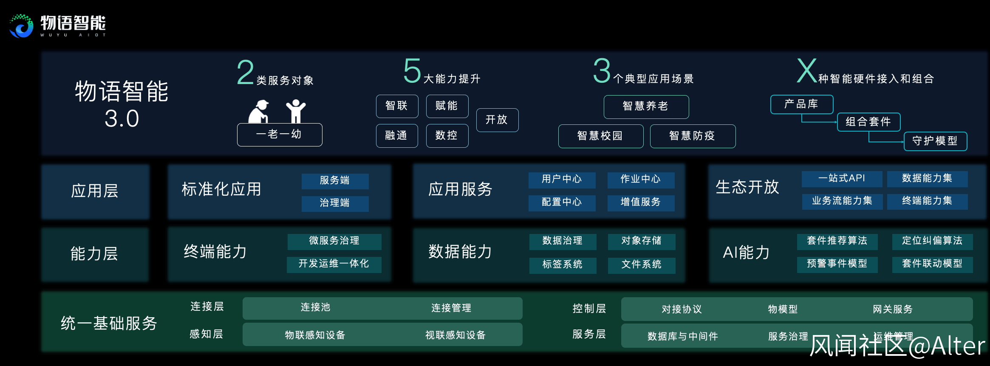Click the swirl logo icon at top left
tap(21, 26)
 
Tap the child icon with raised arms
tap(295, 111)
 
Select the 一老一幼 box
tap(279, 135)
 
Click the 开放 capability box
tap(497, 120)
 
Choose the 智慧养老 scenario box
tap(646, 107)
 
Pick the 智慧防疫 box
tap(692, 136)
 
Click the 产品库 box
tap(801, 104)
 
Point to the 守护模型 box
tap(935, 141)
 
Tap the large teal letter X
tap(806, 71)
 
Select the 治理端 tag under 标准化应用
tap(335, 203)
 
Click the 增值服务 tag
tap(641, 203)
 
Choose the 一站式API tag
tap(842, 179)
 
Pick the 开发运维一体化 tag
tap(334, 264)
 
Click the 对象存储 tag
tap(641, 241)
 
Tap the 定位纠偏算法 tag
tap(932, 241)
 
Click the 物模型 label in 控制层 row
tap(783, 310)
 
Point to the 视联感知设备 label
tap(455, 335)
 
